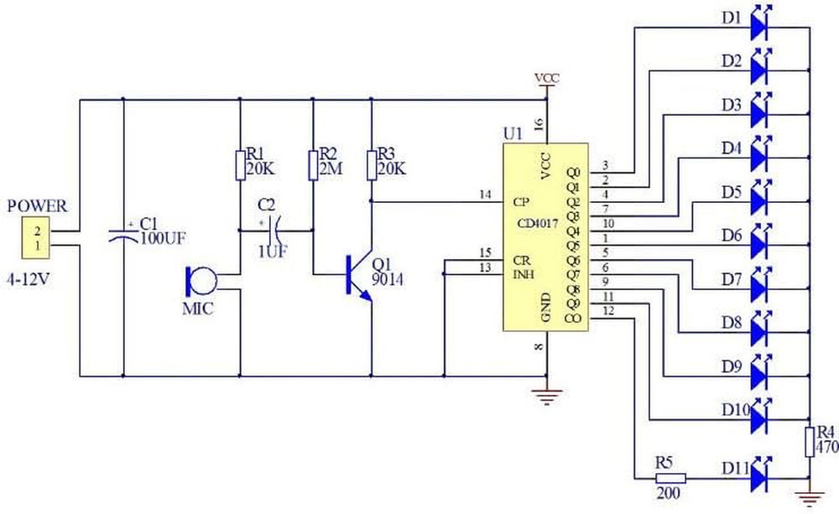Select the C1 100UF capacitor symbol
(x=123, y=236)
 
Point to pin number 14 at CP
(x=485, y=195)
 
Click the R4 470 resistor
(x=810, y=442)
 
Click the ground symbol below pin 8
(x=547, y=397)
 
